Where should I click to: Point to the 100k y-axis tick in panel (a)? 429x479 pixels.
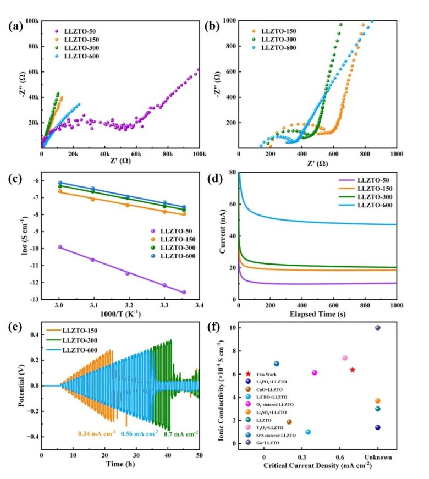[31, 21]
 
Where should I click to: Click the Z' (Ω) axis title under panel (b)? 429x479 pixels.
[317, 164]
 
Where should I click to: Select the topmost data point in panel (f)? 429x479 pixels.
[378, 328]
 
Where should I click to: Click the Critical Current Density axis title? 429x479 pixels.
[317, 465]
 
